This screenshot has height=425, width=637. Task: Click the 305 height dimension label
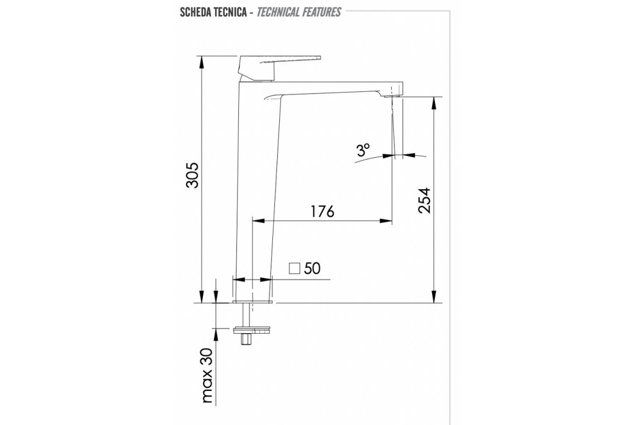tap(192, 175)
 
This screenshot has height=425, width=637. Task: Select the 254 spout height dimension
tap(425, 200)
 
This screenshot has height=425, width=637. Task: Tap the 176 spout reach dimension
tap(322, 211)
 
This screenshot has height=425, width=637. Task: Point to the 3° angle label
tap(364, 150)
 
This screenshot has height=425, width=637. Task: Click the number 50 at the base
tap(312, 268)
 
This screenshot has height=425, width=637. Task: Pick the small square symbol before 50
tap(294, 268)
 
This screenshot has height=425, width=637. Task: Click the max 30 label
tap(208, 376)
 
